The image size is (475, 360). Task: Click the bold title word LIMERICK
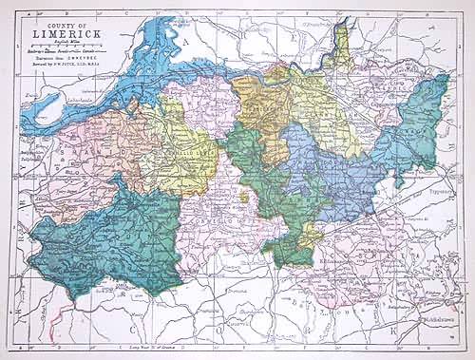pos(69,34)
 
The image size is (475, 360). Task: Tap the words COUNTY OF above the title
pos(68,22)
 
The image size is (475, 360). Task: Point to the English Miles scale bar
pos(69,47)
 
